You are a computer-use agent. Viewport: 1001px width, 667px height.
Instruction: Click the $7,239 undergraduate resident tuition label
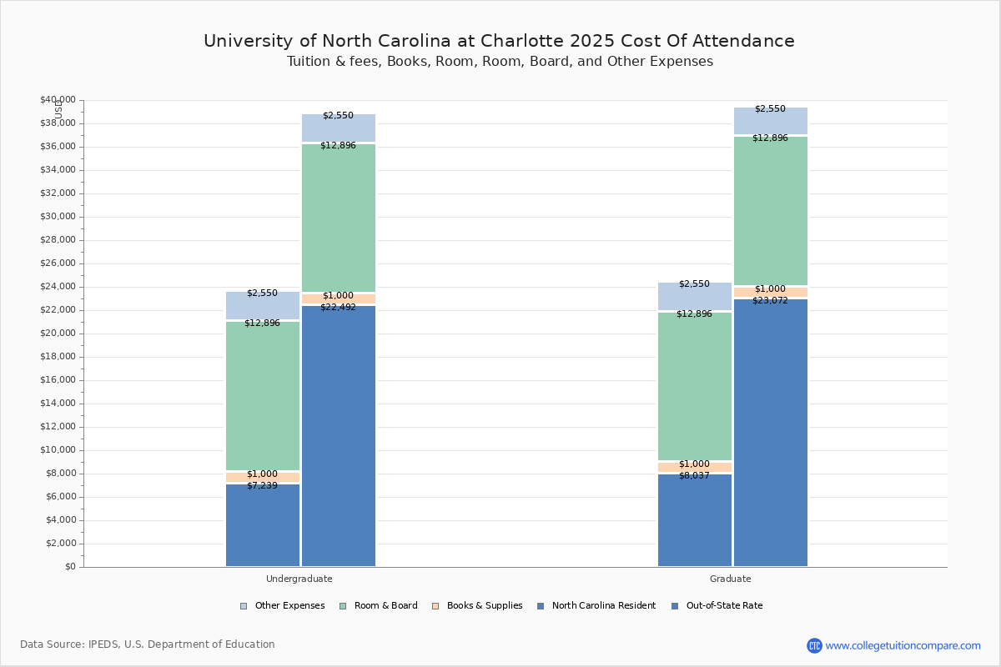click(x=262, y=485)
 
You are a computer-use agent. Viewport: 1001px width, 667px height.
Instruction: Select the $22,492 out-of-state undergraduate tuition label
click(x=338, y=307)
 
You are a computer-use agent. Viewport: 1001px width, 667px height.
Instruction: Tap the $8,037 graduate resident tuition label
click(x=694, y=475)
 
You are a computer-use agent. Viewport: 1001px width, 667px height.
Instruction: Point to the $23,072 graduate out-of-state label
click(x=770, y=300)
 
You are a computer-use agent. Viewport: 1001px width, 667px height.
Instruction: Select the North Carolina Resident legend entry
click(x=596, y=606)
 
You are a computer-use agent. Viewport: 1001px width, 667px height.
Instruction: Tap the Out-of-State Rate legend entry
click(x=717, y=606)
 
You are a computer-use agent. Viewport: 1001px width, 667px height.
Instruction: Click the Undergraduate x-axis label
click(x=299, y=579)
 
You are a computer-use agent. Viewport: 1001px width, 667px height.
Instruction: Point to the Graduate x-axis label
click(x=731, y=579)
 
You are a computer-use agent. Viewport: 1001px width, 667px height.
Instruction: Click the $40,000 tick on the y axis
click(x=58, y=100)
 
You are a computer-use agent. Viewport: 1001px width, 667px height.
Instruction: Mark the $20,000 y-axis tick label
click(x=58, y=333)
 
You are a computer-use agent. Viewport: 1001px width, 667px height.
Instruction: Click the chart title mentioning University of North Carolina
click(x=499, y=41)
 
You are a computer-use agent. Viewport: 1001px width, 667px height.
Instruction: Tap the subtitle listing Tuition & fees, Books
click(x=500, y=62)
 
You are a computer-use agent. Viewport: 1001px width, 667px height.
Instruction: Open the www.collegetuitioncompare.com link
click(x=903, y=645)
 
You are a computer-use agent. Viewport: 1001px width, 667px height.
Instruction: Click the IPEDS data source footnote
click(x=148, y=644)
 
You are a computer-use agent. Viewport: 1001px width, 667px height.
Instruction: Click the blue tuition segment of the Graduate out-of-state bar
click(x=771, y=434)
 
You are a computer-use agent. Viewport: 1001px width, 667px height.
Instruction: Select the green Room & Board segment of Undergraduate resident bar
click(x=263, y=396)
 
